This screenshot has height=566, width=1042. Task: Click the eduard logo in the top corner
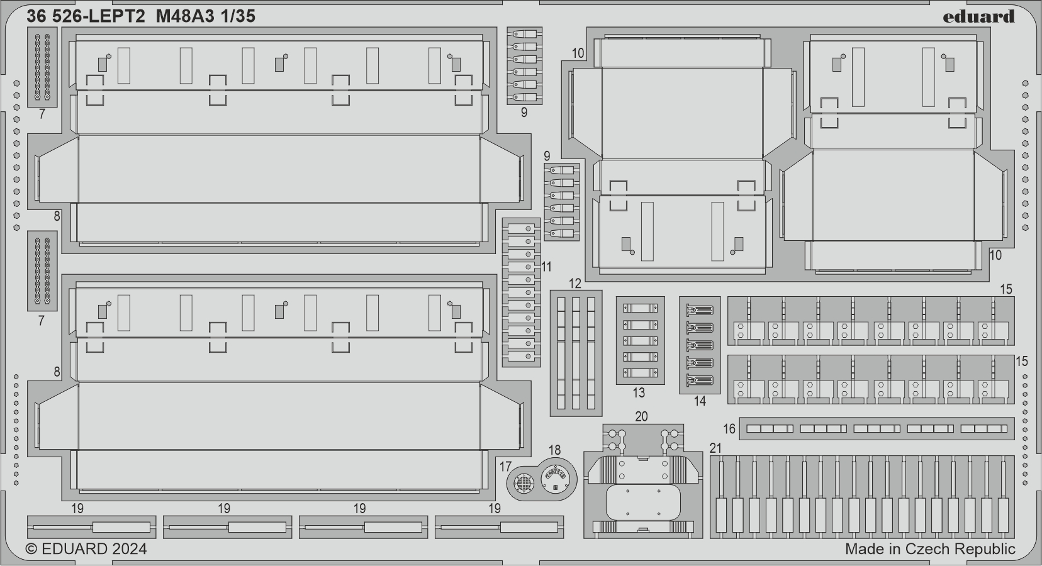(978, 16)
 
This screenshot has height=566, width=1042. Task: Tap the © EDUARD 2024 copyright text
(87, 549)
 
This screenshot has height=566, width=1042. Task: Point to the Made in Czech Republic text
(930, 549)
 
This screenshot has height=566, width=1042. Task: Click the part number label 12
(575, 284)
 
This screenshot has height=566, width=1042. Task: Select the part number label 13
(639, 393)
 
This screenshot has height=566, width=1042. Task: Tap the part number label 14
(700, 401)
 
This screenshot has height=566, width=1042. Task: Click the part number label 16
(729, 429)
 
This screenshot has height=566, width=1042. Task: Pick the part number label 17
(505, 467)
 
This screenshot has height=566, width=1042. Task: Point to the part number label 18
(554, 450)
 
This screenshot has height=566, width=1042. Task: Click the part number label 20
(641, 416)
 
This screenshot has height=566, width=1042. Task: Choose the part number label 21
(715, 448)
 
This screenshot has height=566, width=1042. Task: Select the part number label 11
(546, 267)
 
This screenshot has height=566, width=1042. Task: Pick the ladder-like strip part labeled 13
(640, 340)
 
